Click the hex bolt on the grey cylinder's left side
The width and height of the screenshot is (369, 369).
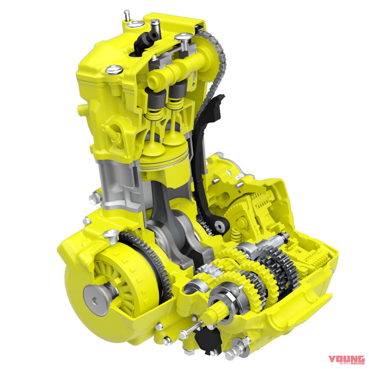[94, 197]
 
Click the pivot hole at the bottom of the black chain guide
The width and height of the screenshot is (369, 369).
[218, 225]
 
